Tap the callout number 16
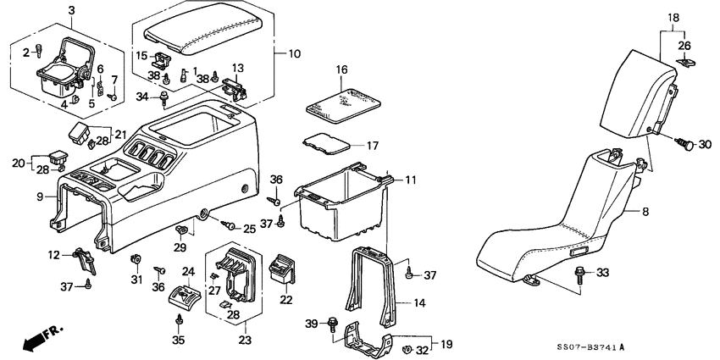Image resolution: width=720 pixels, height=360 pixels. coord(342,70)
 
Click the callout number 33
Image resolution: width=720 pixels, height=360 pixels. coord(602,273)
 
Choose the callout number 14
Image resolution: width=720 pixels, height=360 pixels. coord(419,302)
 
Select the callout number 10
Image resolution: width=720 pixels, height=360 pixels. coord(294,54)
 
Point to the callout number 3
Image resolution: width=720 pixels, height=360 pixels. coord(71,9)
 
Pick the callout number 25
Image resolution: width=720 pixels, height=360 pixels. coord(249,229)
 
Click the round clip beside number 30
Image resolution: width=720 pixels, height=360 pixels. coord(687,145)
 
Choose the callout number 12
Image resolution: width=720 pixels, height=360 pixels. coord(54,254)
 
